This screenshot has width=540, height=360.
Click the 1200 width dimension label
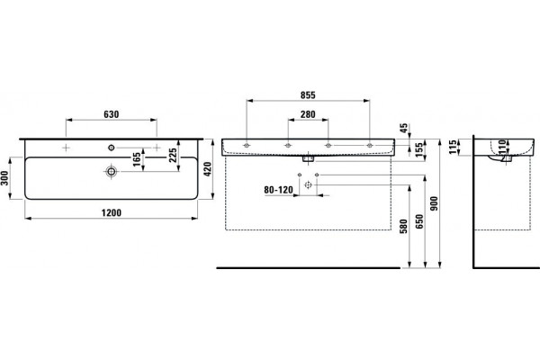tap(112, 213)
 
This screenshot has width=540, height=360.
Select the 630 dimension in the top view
tap(112, 114)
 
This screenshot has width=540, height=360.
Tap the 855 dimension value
tap(308, 95)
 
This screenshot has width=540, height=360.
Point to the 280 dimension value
tap(308, 114)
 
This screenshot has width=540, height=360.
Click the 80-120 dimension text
tap(279, 190)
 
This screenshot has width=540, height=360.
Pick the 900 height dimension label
tap(434, 203)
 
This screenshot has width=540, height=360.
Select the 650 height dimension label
tap(419, 221)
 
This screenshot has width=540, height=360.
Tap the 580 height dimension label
tap(403, 226)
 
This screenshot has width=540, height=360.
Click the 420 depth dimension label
tap(207, 169)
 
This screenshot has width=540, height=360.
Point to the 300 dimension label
tap(4, 178)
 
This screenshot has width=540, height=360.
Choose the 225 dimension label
tap(173, 155)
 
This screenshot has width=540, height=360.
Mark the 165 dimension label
tap(137, 159)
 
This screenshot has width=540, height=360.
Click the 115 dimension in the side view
tap(454, 147)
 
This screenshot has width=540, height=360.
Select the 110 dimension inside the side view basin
tap(502, 147)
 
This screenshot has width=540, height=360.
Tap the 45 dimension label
tap(404, 128)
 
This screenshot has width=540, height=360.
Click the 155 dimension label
tap(418, 150)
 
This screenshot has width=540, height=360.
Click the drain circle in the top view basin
tap(111, 171)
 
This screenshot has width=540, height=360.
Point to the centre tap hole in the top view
tap(112, 148)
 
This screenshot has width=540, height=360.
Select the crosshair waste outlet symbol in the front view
tap(308, 185)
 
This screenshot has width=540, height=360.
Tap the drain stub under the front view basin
tap(308, 158)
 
